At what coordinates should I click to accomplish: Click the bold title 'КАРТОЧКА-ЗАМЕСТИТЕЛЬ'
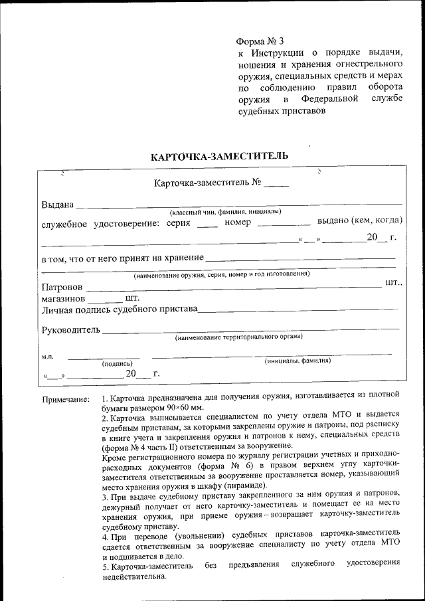[219, 157]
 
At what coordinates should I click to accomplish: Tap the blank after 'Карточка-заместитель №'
[280, 183]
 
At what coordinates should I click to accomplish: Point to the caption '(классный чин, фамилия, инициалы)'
[225, 212]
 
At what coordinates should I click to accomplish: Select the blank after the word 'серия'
[207, 222]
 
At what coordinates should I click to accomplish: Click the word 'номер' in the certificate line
[238, 222]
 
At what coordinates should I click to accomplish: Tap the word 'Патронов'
[62, 288]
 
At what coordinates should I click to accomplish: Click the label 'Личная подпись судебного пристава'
[120, 309]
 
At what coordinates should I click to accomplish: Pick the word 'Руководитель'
[70, 329]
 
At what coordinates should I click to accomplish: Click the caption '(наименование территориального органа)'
[238, 337]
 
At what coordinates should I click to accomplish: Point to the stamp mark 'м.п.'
[48, 357]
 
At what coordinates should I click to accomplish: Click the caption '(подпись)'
[117, 364]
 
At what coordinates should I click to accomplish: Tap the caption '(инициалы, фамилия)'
[297, 361]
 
